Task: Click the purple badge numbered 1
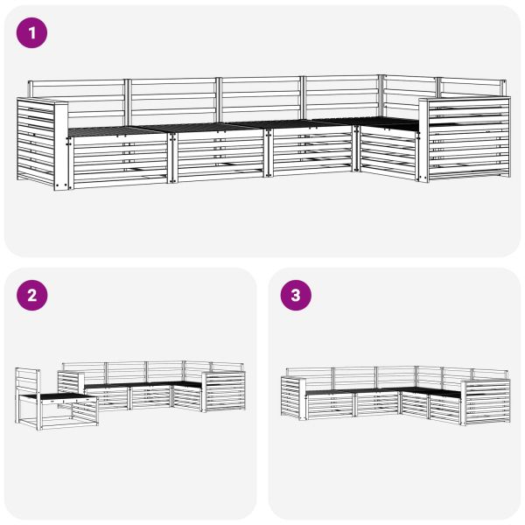[x=32, y=34]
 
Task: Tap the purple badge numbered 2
[x=32, y=295]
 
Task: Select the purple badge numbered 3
[x=295, y=295]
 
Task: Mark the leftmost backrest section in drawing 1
[x=79, y=101]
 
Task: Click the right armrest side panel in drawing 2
[x=225, y=390]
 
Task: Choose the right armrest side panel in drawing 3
[x=486, y=402]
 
